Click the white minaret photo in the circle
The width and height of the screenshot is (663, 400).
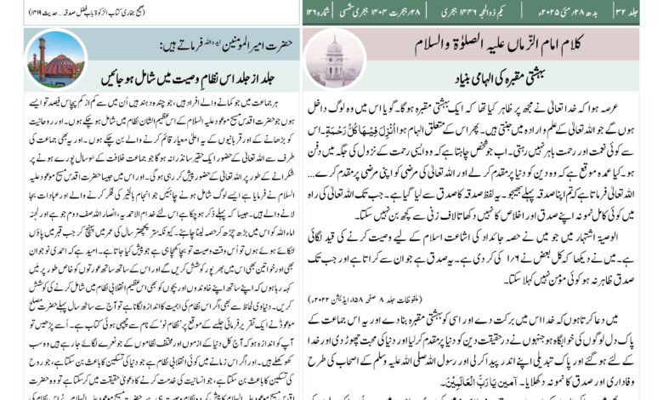(x=334, y=57)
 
